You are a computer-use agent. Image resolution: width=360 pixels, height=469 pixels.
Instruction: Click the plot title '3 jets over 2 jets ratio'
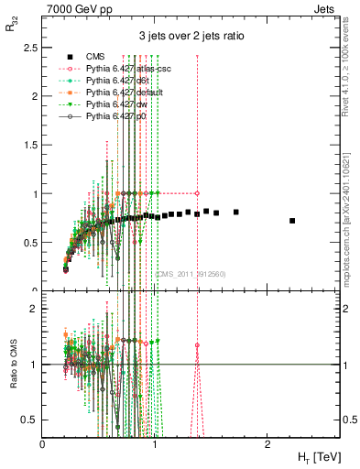(x=191, y=36)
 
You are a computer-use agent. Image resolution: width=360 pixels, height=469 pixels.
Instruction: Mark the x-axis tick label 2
(x=267, y=444)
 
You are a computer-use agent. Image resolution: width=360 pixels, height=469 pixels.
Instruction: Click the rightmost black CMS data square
(x=292, y=221)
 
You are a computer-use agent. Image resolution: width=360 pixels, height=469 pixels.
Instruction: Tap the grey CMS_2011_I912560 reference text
(x=191, y=273)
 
